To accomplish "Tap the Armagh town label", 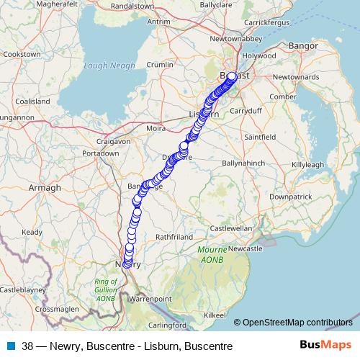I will click(x=45, y=187).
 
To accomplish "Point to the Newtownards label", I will click(x=315, y=76).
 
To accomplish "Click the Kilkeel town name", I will click(x=215, y=315).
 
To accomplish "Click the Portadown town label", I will click(x=100, y=154).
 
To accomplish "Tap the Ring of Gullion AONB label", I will click(x=106, y=289).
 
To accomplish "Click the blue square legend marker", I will click(x=9, y=346).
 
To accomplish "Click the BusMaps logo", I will click(x=325, y=346).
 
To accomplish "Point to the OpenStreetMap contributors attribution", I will click(x=297, y=322).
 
